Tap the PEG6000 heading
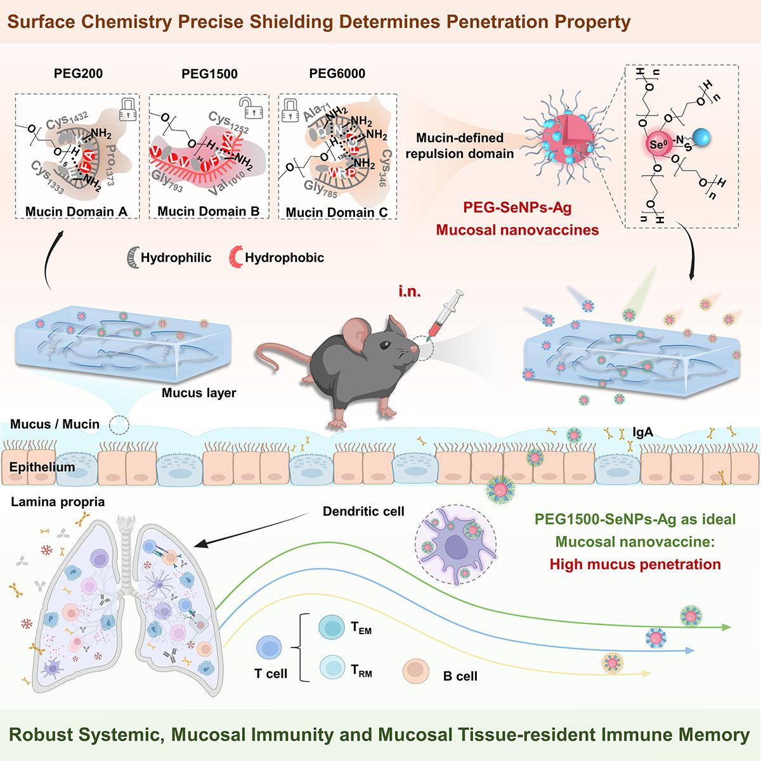point(337,73)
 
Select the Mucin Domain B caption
point(209,211)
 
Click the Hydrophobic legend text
point(284,257)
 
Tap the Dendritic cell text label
point(363,511)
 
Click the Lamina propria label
point(58,502)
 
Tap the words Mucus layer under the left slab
point(198,393)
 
